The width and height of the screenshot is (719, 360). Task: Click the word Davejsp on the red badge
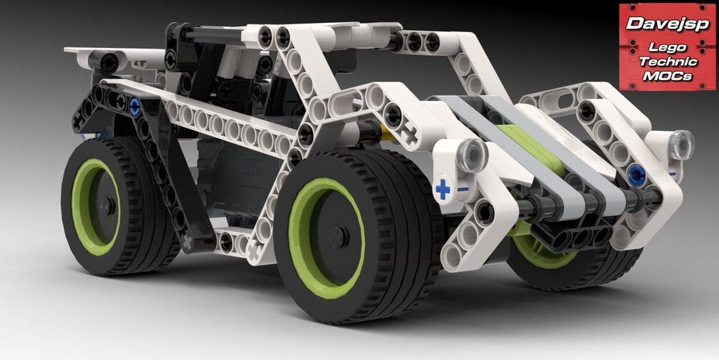tap(667, 24)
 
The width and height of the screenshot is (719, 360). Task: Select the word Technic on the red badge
tap(667, 61)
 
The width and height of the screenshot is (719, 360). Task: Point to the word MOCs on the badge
tap(667, 76)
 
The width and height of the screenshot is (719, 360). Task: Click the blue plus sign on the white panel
tap(443, 190)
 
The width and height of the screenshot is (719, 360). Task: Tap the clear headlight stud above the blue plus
tap(472, 155)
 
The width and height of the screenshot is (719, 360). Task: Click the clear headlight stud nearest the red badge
tap(681, 145)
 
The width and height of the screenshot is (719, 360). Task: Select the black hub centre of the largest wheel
tap(339, 237)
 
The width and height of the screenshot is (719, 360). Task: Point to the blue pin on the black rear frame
tap(134, 107)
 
